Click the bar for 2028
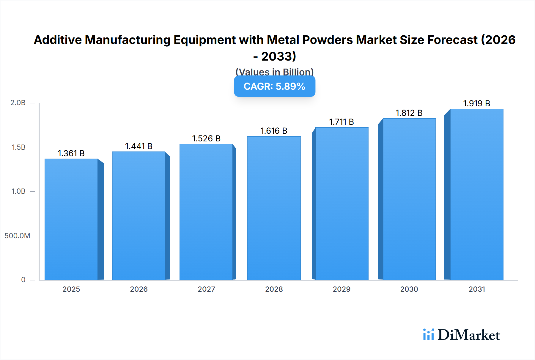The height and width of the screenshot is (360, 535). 274,208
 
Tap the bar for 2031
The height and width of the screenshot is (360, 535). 476,195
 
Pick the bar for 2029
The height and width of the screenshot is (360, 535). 342,203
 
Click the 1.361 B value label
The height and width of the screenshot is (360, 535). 71,153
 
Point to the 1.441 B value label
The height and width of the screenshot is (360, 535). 139,146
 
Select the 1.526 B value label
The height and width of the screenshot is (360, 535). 206,138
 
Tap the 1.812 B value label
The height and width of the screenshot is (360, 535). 409,113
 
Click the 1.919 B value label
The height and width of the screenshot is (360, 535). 476,103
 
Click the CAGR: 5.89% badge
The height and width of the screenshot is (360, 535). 274,86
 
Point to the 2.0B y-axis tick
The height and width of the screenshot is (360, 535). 18,103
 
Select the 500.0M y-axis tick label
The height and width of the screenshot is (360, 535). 17,236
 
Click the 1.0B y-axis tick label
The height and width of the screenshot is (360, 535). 18,191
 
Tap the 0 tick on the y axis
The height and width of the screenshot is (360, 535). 23,280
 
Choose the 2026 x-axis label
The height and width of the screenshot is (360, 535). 139,289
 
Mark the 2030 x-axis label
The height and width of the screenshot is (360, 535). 409,289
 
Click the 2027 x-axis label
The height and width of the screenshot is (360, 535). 206,289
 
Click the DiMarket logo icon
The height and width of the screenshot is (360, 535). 428,334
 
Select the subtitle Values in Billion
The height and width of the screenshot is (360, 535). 274,72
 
